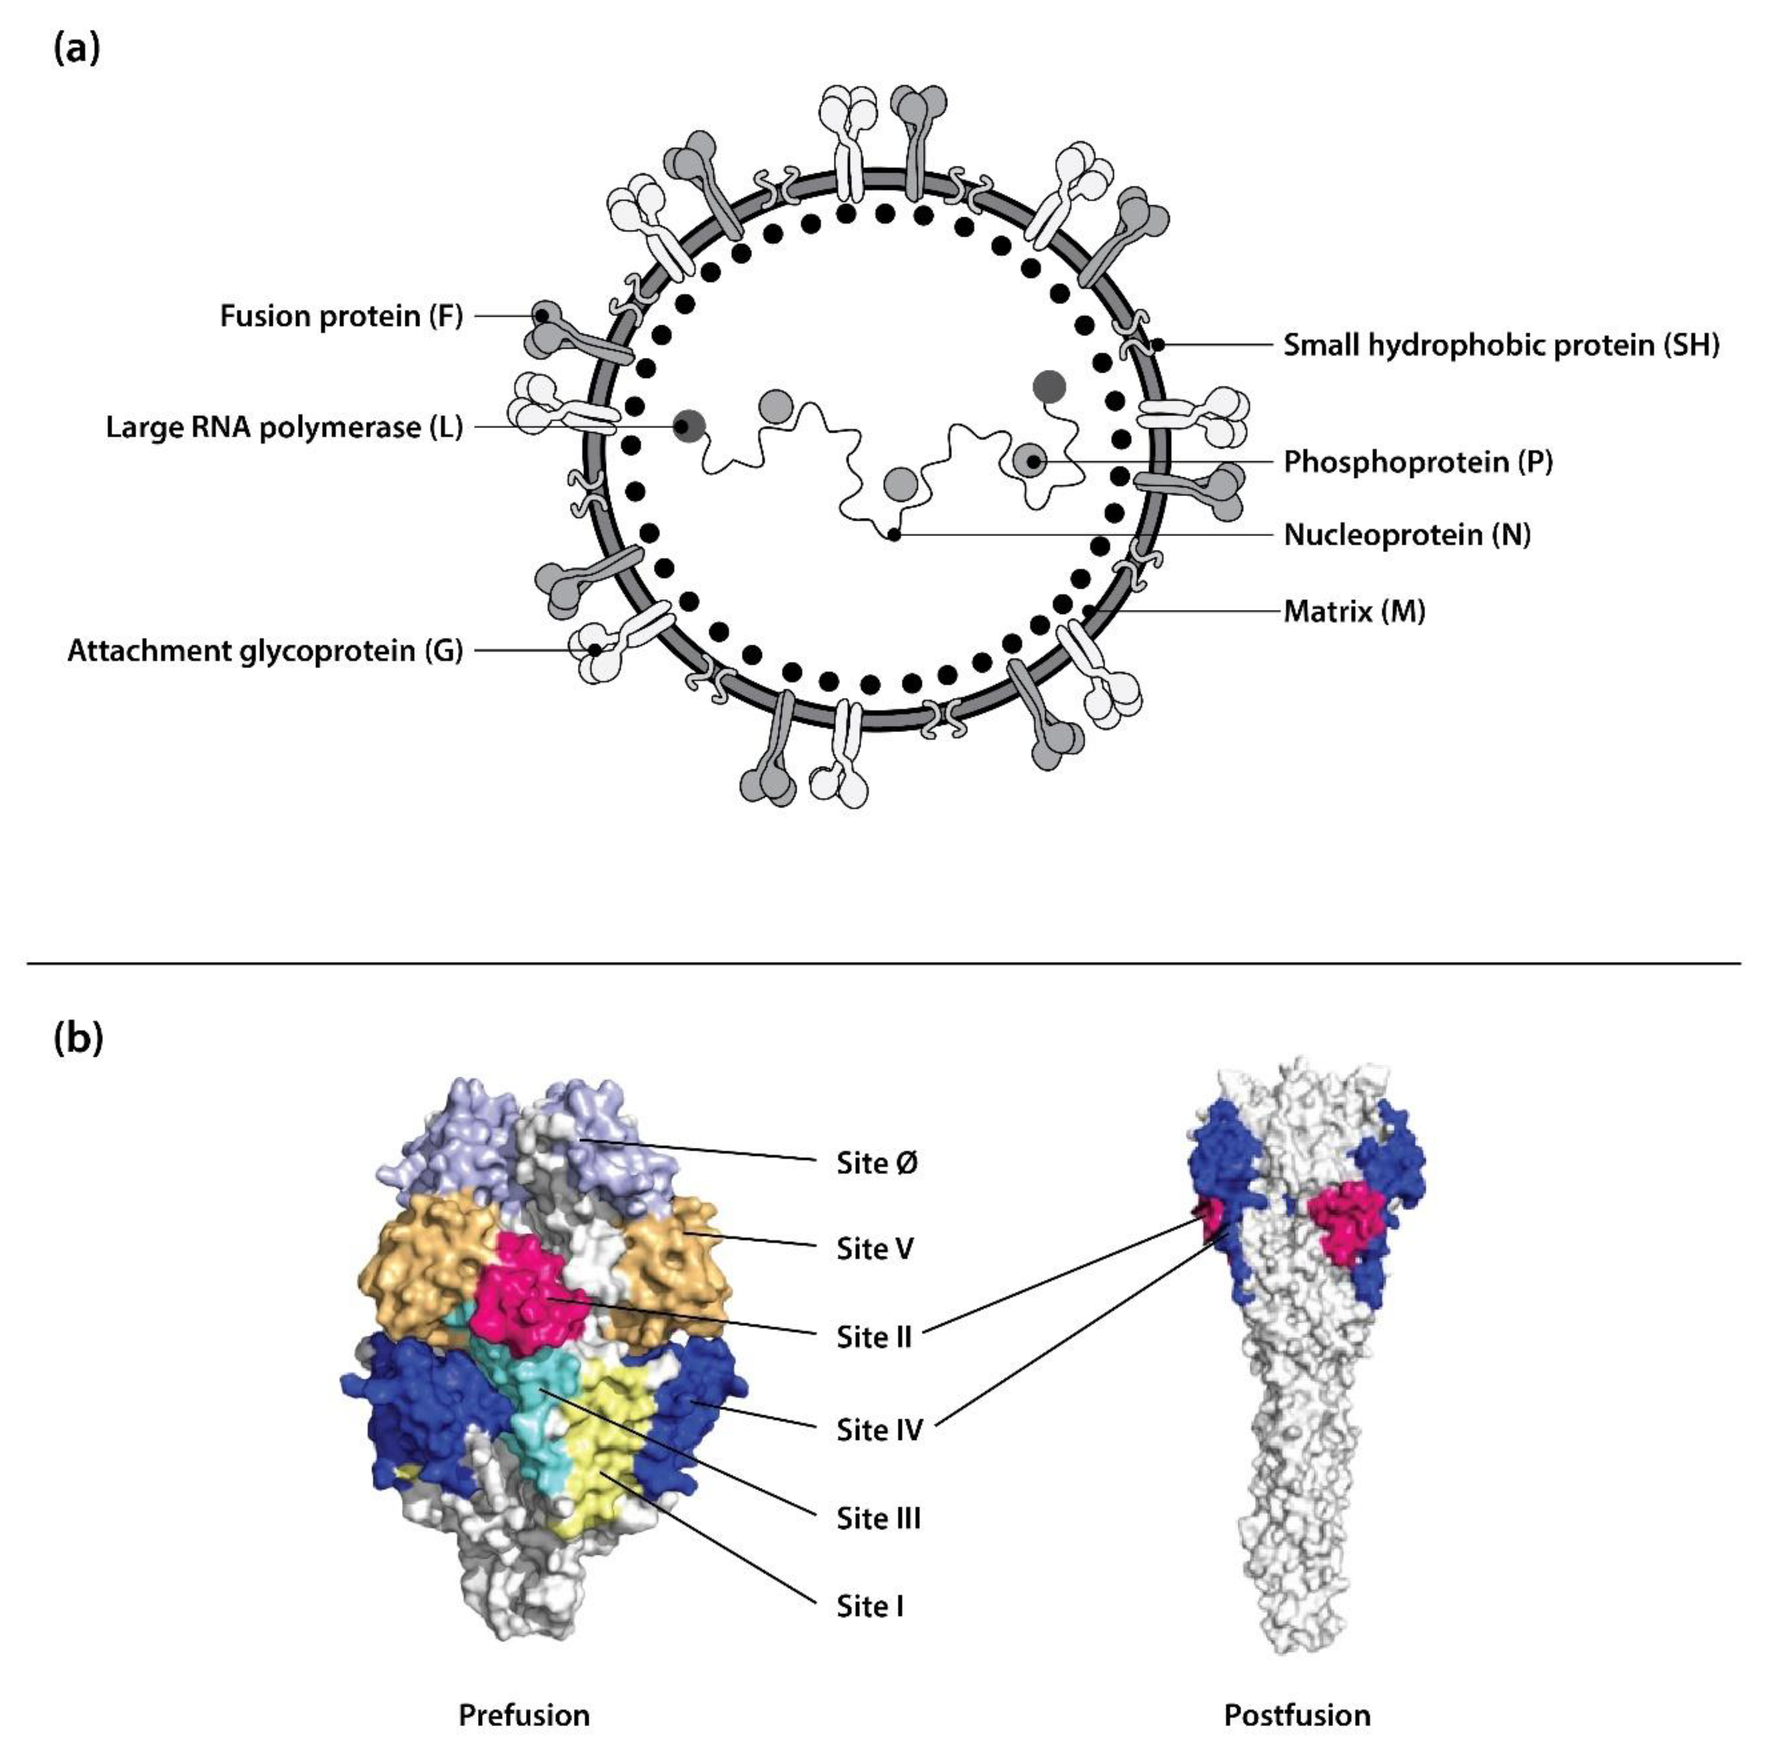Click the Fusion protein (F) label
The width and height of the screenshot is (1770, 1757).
(x=341, y=316)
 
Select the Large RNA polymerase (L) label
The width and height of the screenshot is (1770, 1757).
(x=284, y=427)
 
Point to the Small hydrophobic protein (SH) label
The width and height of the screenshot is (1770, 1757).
(x=1501, y=346)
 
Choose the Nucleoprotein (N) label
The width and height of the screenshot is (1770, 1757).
(x=1406, y=534)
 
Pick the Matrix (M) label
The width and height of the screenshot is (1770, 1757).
(x=1354, y=611)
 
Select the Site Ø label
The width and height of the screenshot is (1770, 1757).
(x=877, y=1163)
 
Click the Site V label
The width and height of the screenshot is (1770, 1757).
(x=875, y=1249)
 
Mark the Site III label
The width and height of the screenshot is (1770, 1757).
(x=878, y=1518)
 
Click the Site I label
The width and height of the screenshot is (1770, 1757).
(x=869, y=1606)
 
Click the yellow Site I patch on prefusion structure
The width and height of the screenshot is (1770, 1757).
(x=604, y=1447)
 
